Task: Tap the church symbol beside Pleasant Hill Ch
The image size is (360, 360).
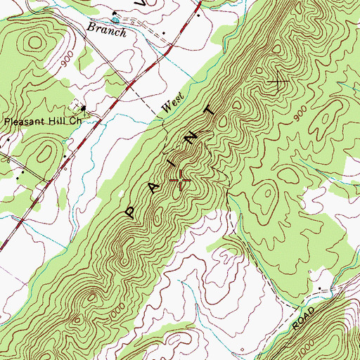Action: coord(83,108)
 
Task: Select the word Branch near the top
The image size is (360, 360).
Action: coord(107,30)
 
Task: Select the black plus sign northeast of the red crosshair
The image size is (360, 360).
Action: coord(279,83)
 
